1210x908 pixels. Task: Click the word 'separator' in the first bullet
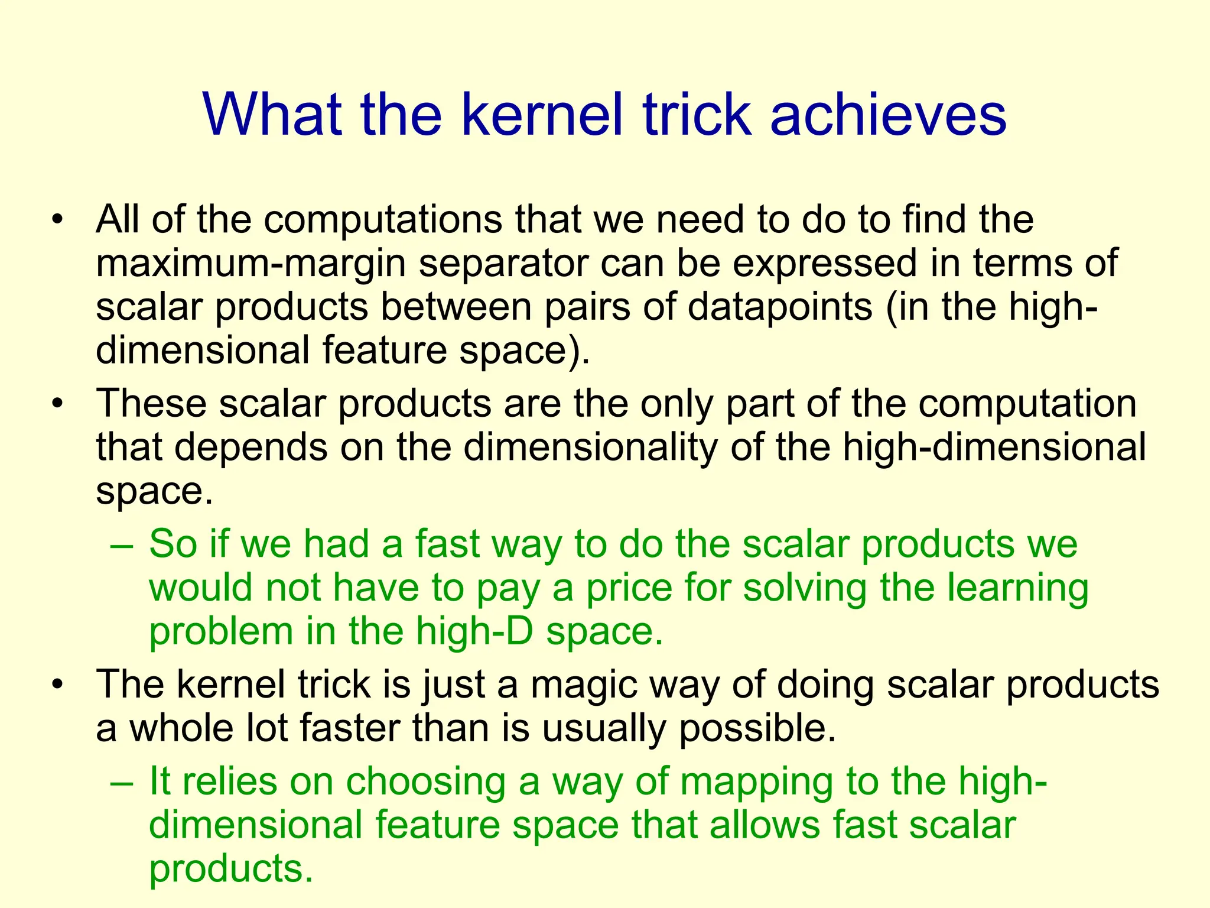(x=503, y=264)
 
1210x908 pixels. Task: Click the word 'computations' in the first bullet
(x=383, y=220)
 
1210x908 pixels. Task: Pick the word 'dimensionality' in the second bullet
(x=590, y=447)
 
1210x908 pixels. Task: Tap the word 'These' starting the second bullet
(x=151, y=404)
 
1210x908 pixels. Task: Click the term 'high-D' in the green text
(x=474, y=631)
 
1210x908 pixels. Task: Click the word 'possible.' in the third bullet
(x=758, y=728)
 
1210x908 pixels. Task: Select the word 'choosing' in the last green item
(x=426, y=781)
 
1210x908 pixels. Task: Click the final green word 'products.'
(x=230, y=869)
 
